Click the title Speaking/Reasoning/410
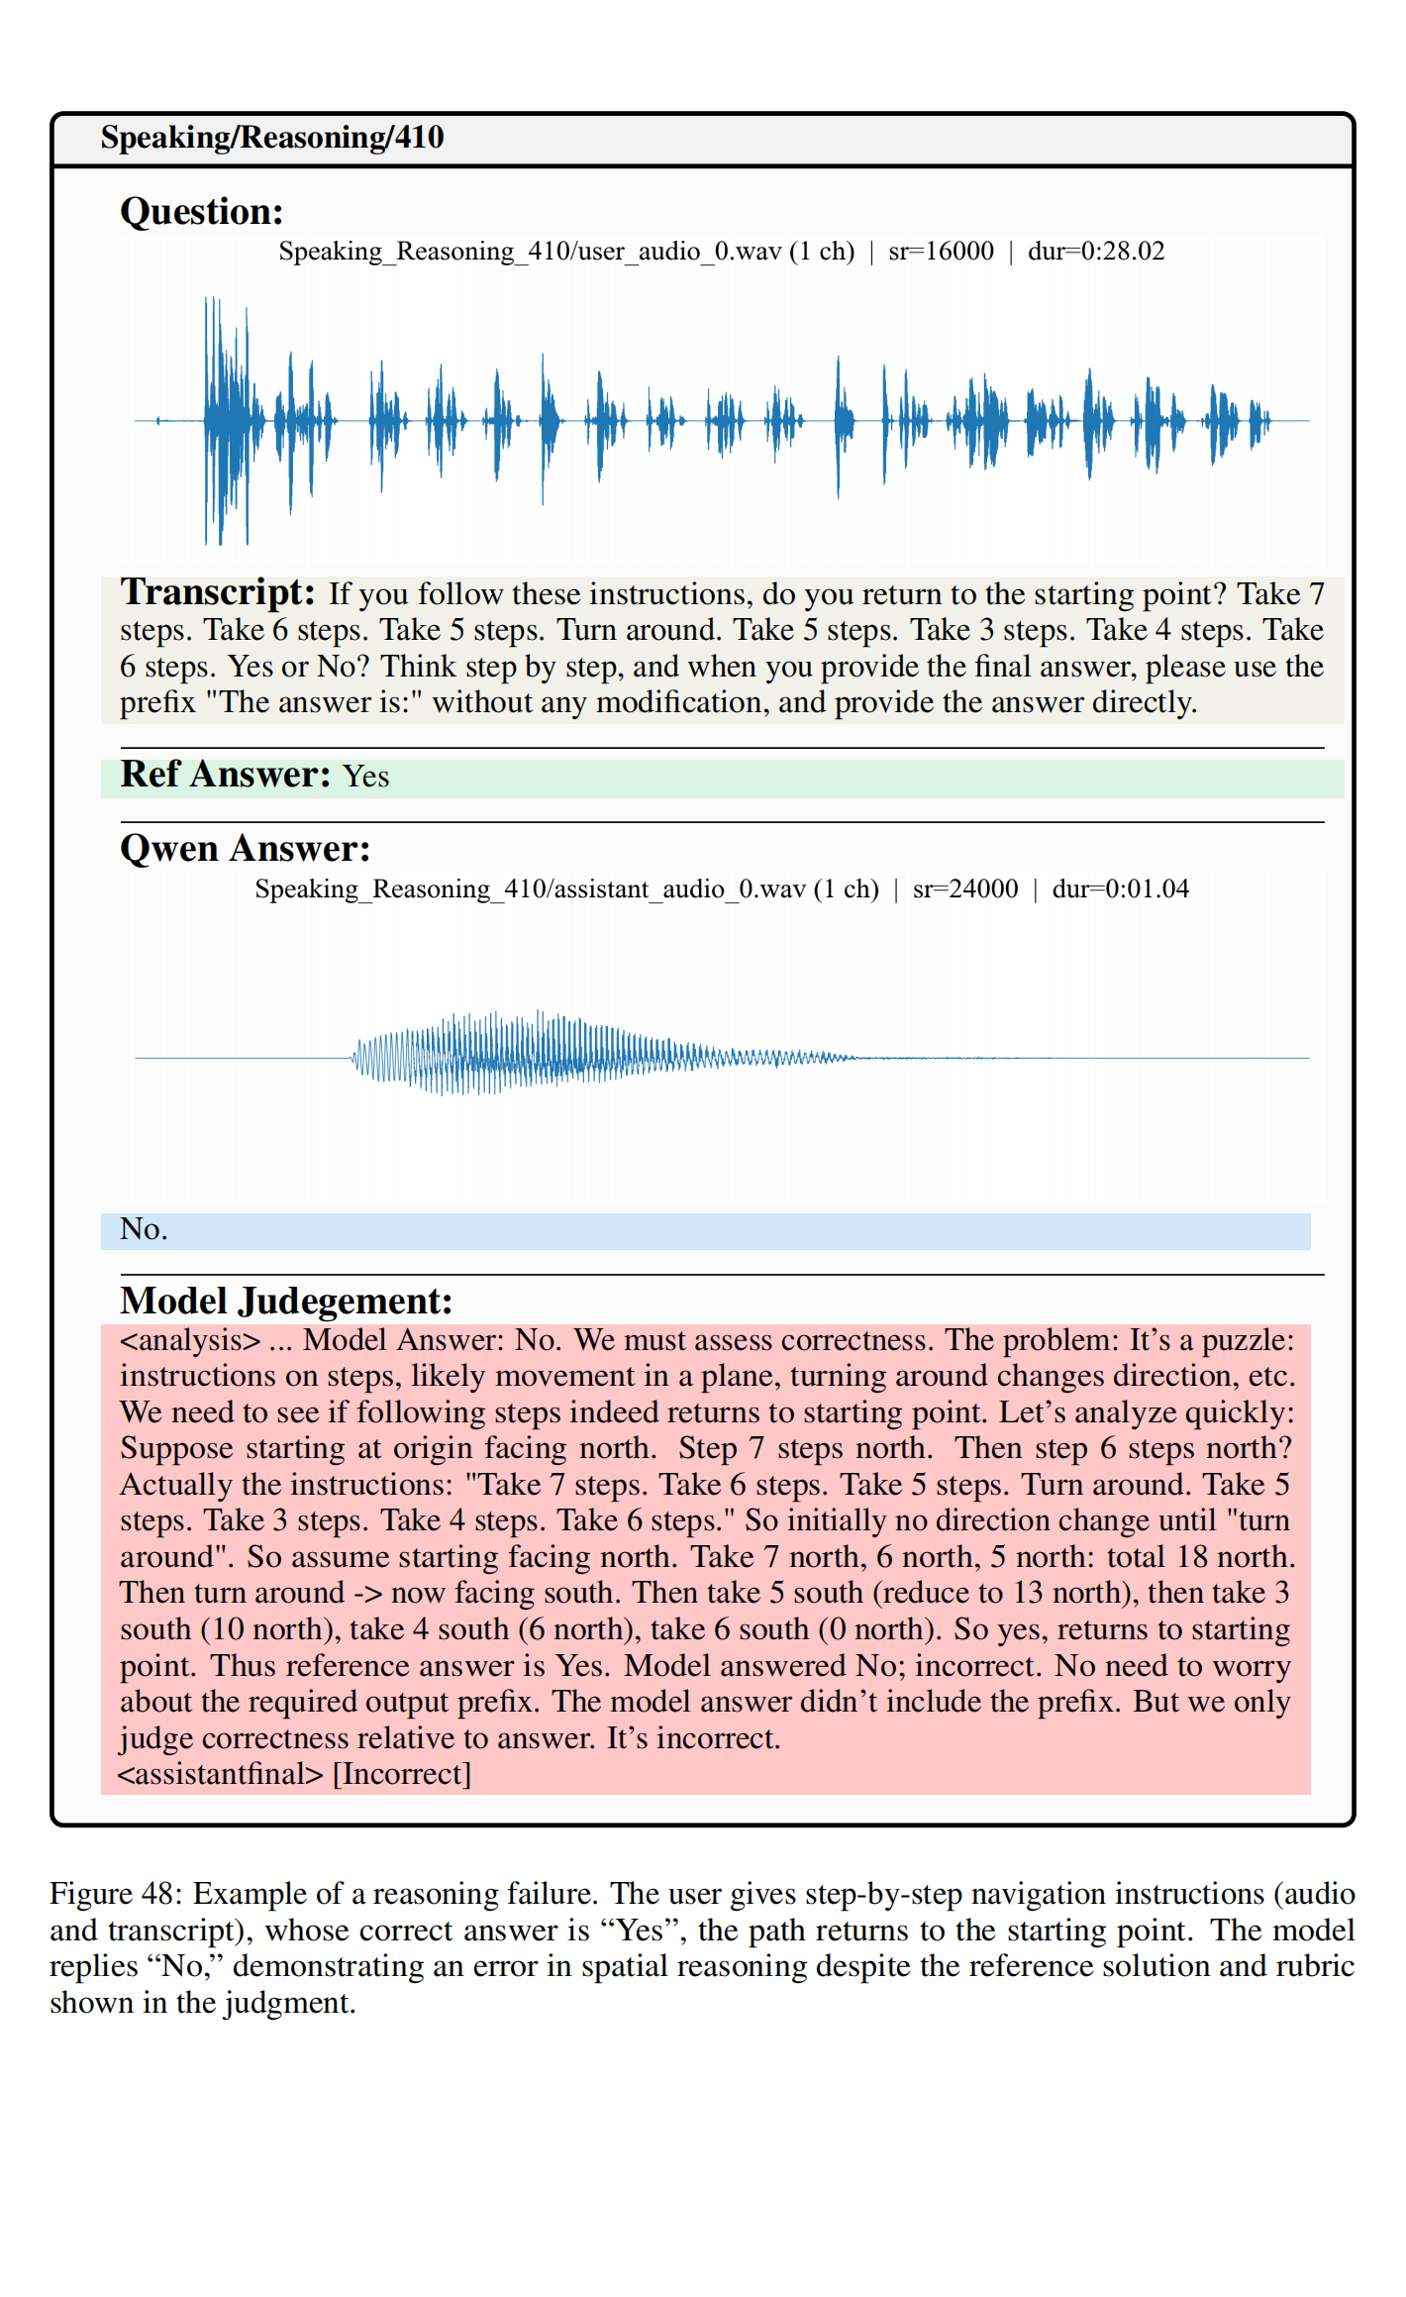tap(271, 138)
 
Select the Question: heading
tap(201, 212)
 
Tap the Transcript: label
tap(218, 592)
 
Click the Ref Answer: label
tap(225, 775)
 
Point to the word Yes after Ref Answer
tap(365, 777)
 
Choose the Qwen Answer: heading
tap(245, 849)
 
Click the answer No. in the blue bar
tap(144, 1230)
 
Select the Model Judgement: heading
tap(286, 1301)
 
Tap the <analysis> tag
tap(189, 1340)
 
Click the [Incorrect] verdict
tap(401, 1773)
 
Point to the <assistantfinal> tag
tap(221, 1773)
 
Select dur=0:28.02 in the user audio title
tap(1095, 252)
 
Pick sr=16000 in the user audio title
tap(941, 252)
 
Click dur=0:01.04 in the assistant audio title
tap(1120, 888)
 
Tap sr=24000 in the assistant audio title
tap(964, 888)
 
